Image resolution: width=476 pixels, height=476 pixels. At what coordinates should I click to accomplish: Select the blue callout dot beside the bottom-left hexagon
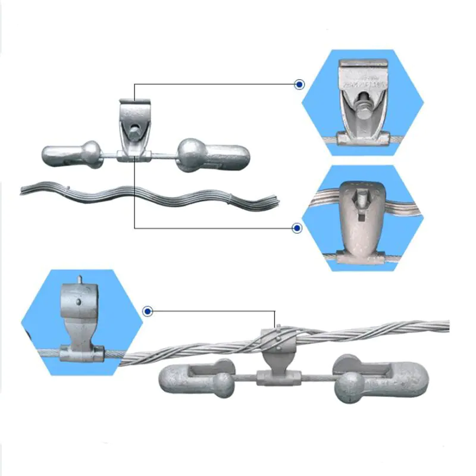148,311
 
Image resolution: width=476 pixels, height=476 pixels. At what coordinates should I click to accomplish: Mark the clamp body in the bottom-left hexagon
81,321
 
